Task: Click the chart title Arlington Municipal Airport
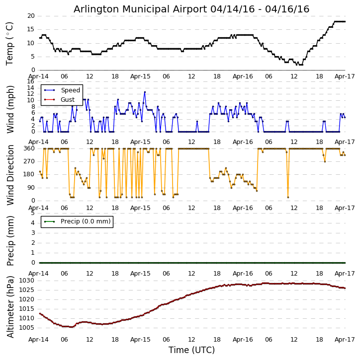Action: pyautogui.click(x=191, y=9)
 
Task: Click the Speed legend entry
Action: pyautogui.click(x=70, y=90)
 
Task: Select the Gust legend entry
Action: pyautogui.click(x=67, y=99)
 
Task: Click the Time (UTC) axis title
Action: pyautogui.click(x=191, y=350)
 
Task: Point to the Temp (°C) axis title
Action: pyautogui.click(x=10, y=43)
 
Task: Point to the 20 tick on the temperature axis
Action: pyautogui.click(x=30, y=16)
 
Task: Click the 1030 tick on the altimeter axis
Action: pyautogui.click(x=27, y=281)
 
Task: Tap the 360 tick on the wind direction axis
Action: pyautogui.click(x=29, y=148)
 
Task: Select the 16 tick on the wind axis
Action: pyautogui.click(x=30, y=81)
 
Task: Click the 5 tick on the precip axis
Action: pyautogui.click(x=32, y=213)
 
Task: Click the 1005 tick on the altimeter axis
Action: pyautogui.click(x=27, y=328)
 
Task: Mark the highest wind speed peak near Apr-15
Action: pyautogui.click(x=145, y=91)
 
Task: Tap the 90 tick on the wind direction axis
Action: pyautogui.click(x=30, y=188)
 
